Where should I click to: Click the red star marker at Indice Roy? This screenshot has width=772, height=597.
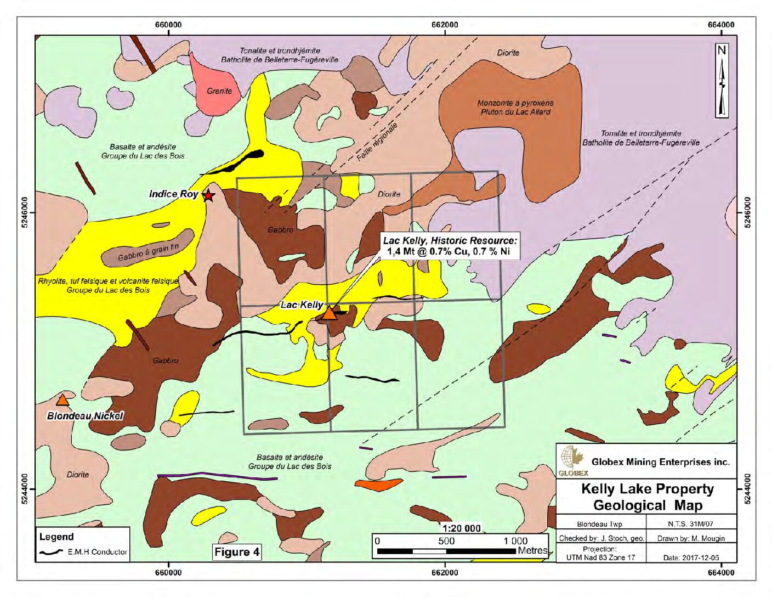pyautogui.click(x=208, y=195)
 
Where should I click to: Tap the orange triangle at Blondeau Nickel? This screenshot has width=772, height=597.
pyautogui.click(x=63, y=401)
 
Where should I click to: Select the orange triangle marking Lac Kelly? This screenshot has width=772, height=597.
pyautogui.click(x=328, y=314)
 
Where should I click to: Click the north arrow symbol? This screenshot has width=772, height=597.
pyautogui.click(x=722, y=81)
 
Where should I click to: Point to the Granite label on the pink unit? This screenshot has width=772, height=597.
pyautogui.click(x=219, y=91)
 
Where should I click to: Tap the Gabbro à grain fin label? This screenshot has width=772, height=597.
pyautogui.click(x=148, y=252)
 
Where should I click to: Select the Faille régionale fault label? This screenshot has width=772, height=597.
pyautogui.click(x=377, y=142)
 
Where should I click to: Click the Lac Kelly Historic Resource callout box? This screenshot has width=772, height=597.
pyautogui.click(x=450, y=246)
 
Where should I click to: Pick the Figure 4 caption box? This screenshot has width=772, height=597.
pyautogui.click(x=237, y=552)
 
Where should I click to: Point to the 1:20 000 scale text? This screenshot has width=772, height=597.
pyautogui.click(x=462, y=528)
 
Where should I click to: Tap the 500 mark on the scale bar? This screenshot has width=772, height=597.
pyautogui.click(x=446, y=541)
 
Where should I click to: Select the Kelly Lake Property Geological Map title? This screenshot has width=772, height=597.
pyautogui.click(x=647, y=497)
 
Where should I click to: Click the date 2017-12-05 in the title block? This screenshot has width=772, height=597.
pyautogui.click(x=691, y=557)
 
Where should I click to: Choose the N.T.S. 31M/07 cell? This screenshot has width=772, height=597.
pyautogui.click(x=691, y=523)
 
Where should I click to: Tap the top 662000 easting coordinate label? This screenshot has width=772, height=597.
pyautogui.click(x=445, y=25)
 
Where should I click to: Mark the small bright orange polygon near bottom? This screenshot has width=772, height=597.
pyautogui.click(x=377, y=485)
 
